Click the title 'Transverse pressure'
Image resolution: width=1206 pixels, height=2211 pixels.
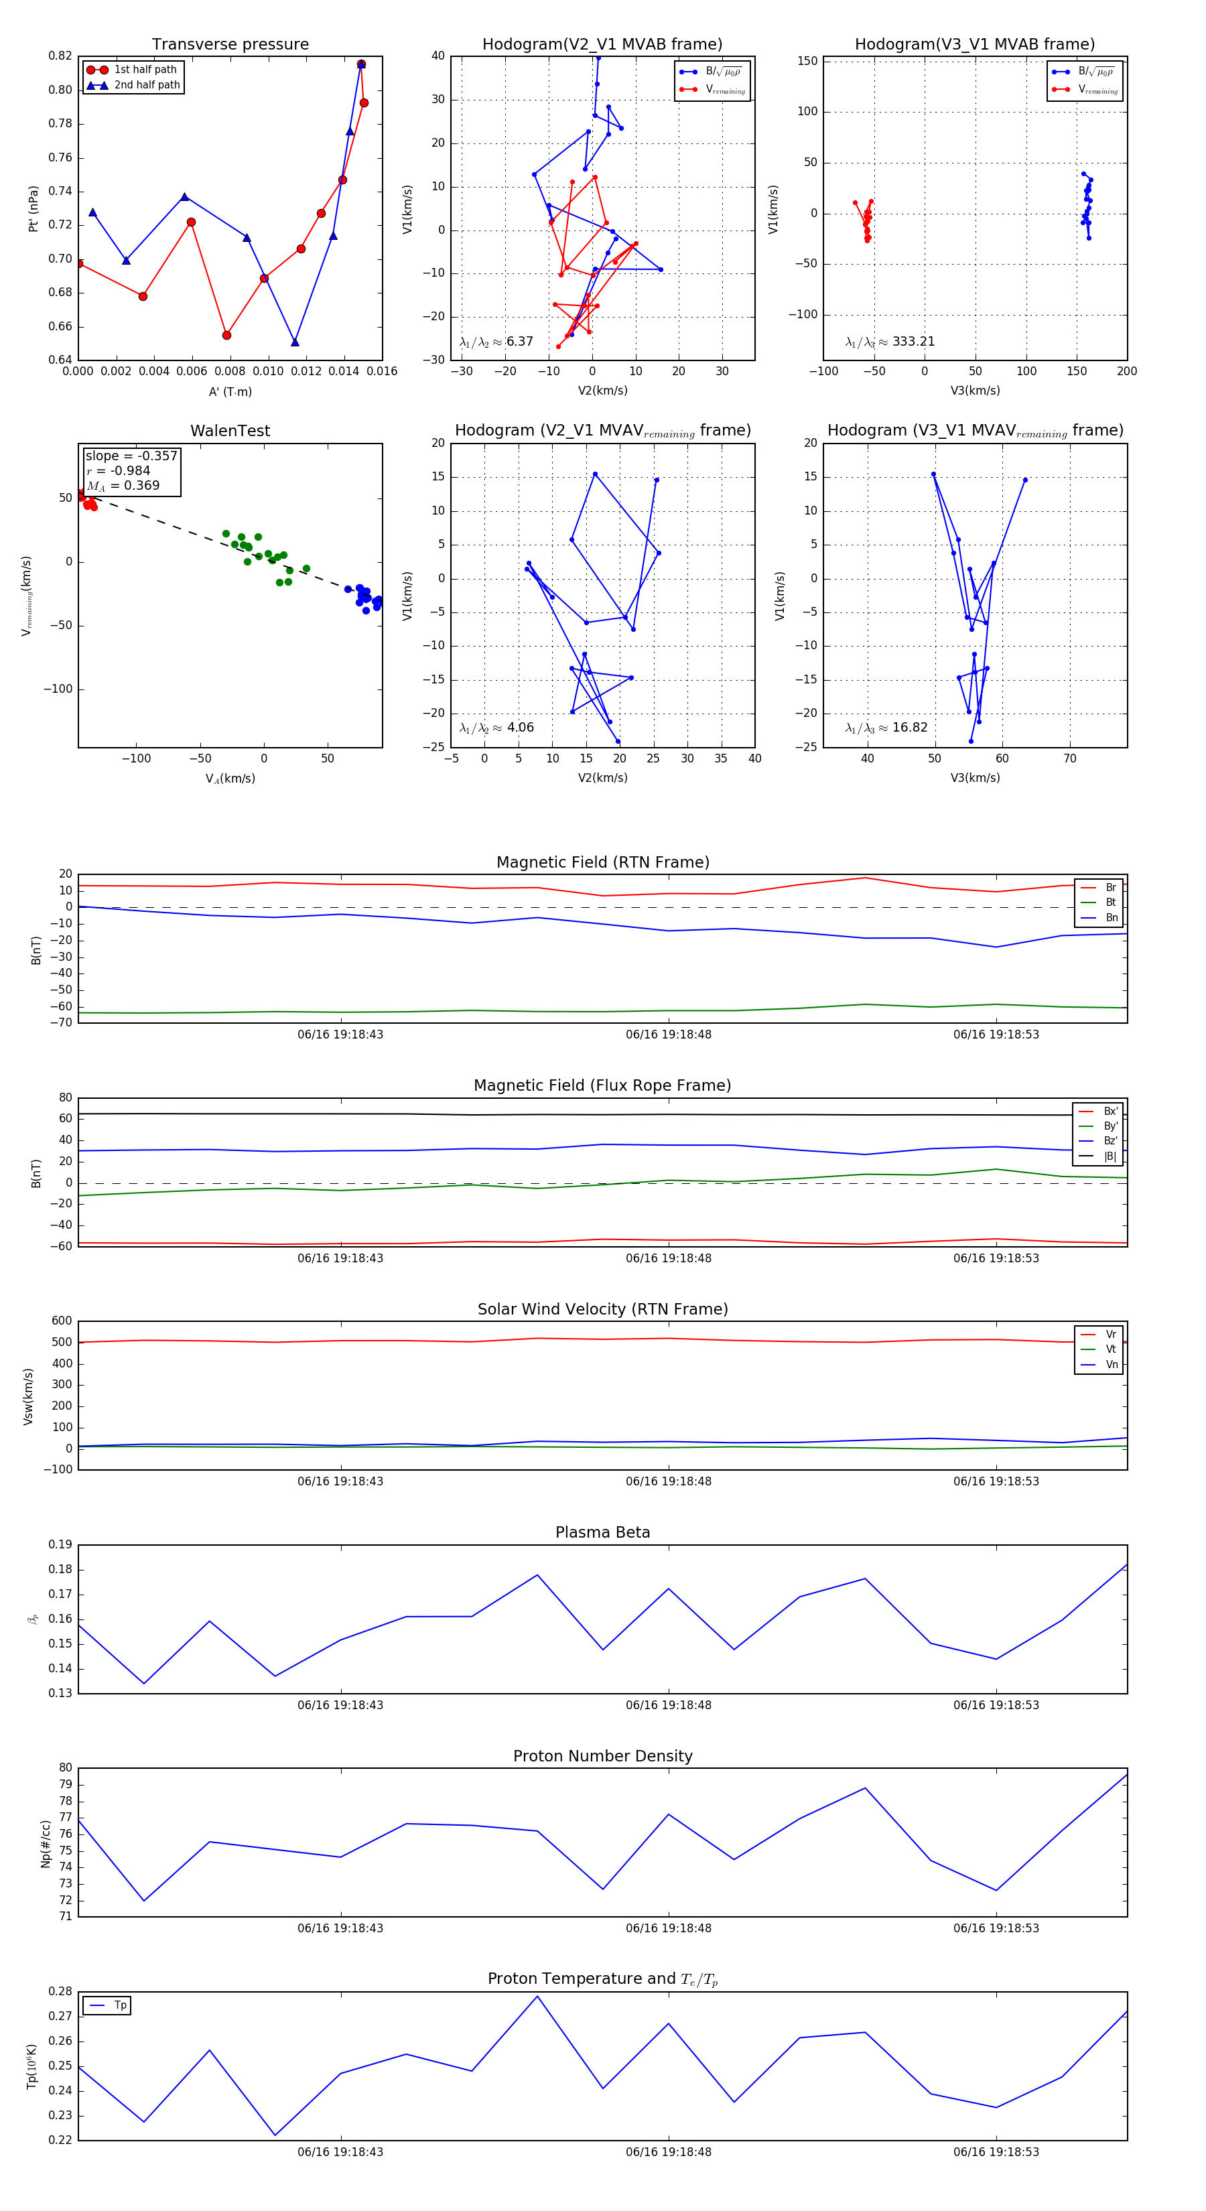pyautogui.click(x=230, y=45)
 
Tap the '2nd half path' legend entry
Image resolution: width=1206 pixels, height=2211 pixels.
pyautogui.click(x=147, y=85)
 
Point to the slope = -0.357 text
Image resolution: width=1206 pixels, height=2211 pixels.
pyautogui.click(x=131, y=456)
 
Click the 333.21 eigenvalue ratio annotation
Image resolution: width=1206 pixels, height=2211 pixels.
pyautogui.click(x=913, y=342)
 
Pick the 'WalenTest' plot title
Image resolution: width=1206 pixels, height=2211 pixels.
pyautogui.click(x=230, y=431)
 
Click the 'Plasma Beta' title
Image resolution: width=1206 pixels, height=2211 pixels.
pyautogui.click(x=602, y=1532)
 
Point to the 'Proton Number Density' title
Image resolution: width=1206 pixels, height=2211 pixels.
pyautogui.click(x=602, y=1756)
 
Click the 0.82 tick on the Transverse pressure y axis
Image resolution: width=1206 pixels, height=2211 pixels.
pyautogui.click(x=60, y=56)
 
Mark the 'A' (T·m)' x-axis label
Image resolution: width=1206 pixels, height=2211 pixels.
pyautogui.click(x=230, y=391)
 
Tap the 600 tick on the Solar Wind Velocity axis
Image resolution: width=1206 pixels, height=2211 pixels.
pyautogui.click(x=62, y=1321)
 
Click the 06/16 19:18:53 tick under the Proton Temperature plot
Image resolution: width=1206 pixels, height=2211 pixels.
pyautogui.click(x=996, y=2152)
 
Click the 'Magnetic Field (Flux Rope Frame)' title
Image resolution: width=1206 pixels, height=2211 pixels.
pyautogui.click(x=602, y=1086)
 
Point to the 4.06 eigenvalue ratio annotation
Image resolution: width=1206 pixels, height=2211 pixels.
pyautogui.click(x=520, y=728)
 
